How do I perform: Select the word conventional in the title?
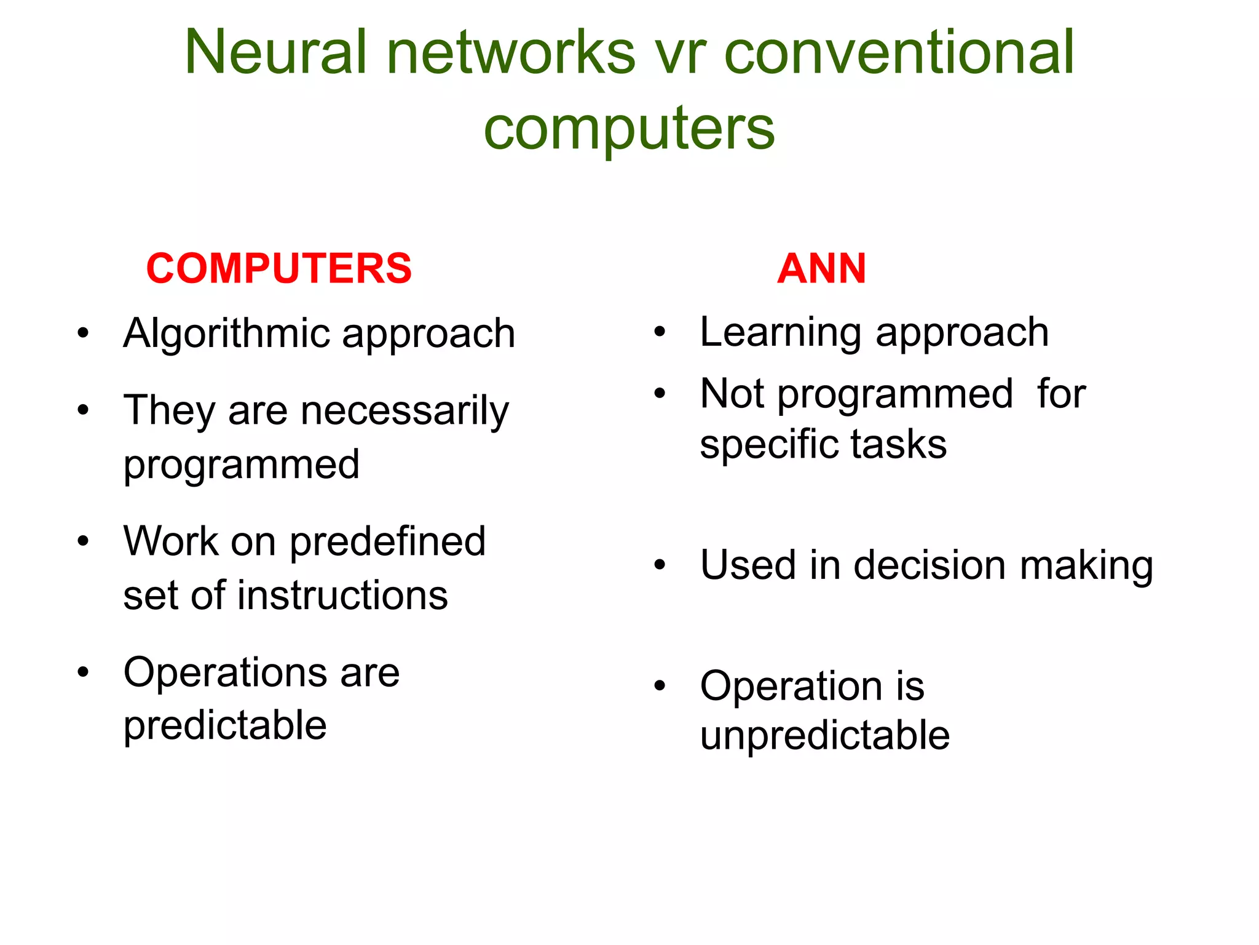899,53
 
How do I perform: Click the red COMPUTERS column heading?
279,269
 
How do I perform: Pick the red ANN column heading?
821,269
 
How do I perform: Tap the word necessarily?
405,412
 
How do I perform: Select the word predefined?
387,542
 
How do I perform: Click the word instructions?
342,596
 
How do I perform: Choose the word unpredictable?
824,736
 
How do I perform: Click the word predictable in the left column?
225,726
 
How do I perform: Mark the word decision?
929,565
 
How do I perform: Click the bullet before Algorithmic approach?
83,334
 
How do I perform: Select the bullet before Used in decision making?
660,565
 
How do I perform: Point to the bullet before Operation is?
660,685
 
